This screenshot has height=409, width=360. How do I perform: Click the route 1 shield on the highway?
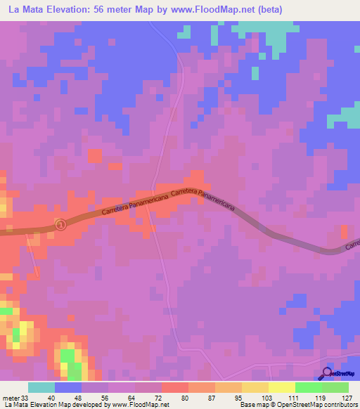coord(60,224)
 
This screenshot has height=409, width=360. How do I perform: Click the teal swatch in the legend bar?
coord(41,387)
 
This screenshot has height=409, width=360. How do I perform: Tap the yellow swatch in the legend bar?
coord(281,387)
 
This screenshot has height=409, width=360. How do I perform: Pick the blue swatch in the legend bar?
coord(67,387)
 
